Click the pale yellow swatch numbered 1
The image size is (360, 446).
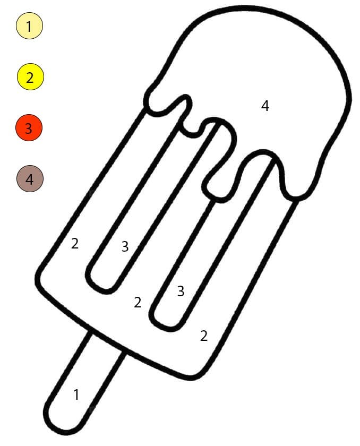tap(29, 25)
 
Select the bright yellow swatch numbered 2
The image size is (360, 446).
tap(30, 77)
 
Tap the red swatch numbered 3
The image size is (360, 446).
tap(29, 128)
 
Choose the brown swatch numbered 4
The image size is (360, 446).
tap(30, 178)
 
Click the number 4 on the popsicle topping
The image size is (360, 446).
tap(265, 106)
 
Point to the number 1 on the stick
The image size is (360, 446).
tap(76, 394)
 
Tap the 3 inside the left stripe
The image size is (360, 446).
tap(125, 246)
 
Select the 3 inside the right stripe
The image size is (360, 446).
tap(181, 291)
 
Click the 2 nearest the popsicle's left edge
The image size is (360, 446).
tap(74, 244)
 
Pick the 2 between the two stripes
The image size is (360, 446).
tap(138, 302)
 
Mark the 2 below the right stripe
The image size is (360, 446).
tap(203, 336)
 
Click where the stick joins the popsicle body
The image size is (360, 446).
tap(107, 342)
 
